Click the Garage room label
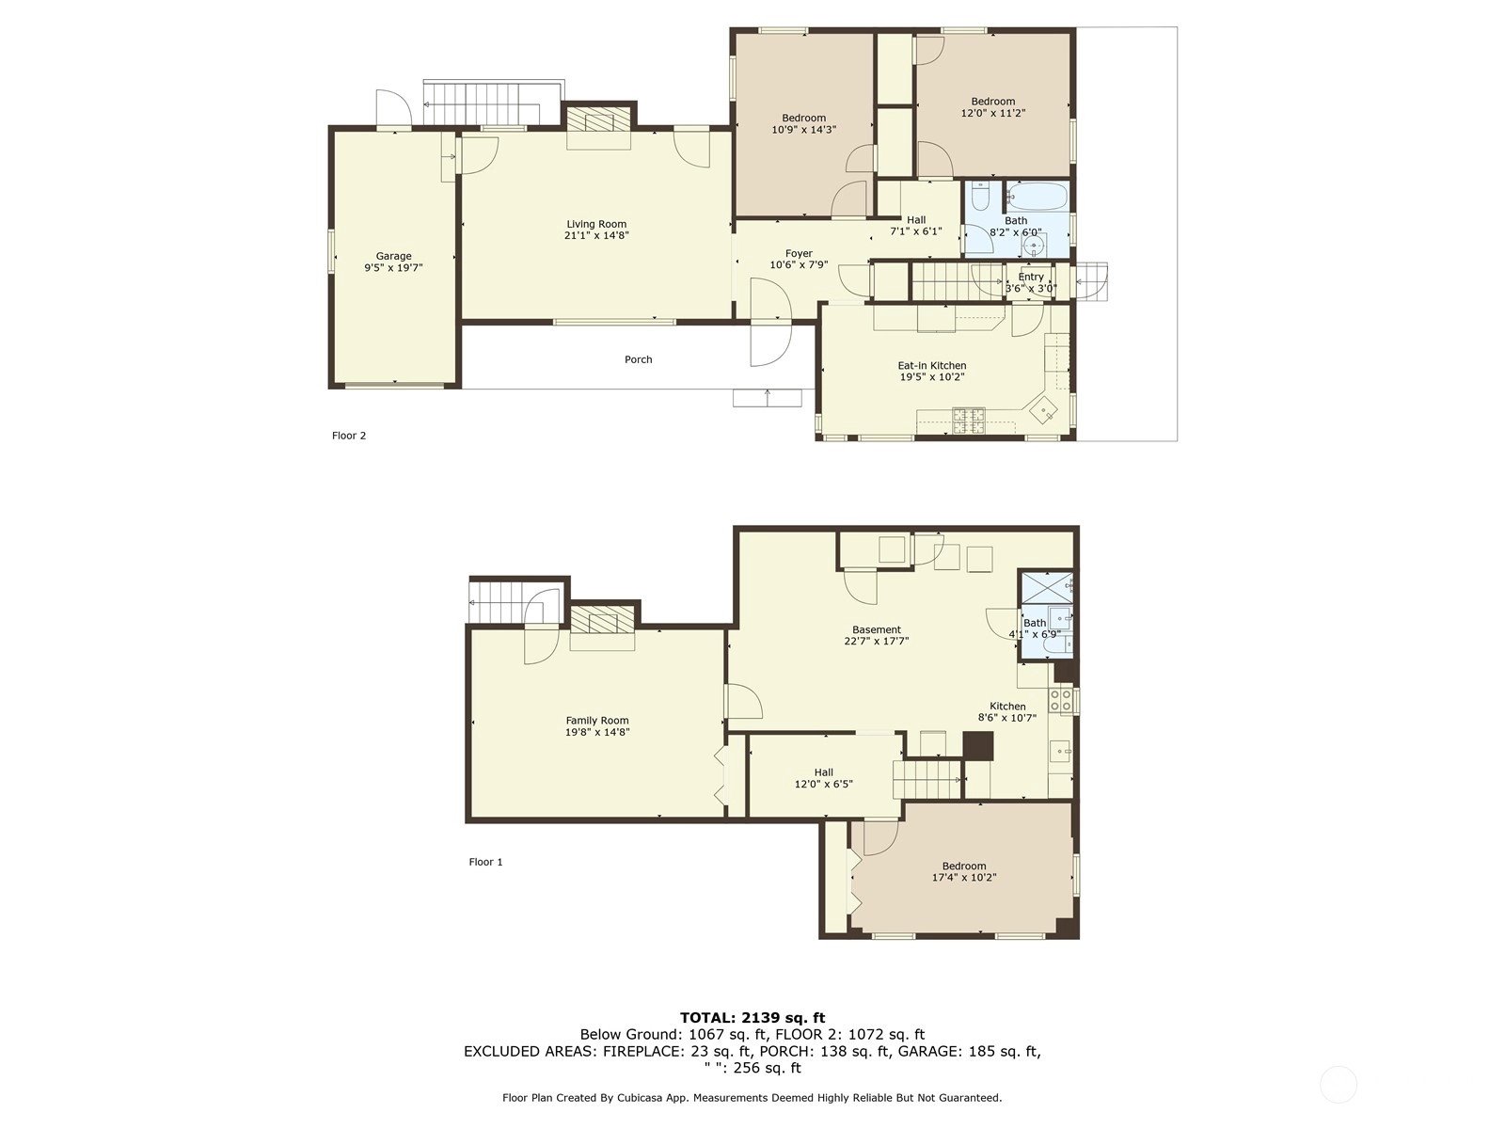pyautogui.click(x=393, y=256)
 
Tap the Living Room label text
pyautogui.click(x=596, y=224)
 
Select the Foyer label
pyautogui.click(x=799, y=254)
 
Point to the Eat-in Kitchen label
pyautogui.click(x=932, y=365)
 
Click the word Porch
pyautogui.click(x=639, y=359)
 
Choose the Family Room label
pyautogui.click(x=597, y=721)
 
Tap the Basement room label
pyautogui.click(x=877, y=629)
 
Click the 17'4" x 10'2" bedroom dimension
pyautogui.click(x=964, y=878)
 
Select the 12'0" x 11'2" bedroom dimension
pyautogui.click(x=992, y=113)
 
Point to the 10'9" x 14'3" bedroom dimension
pyautogui.click(x=803, y=130)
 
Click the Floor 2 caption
pyautogui.click(x=349, y=436)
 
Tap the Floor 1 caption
pyautogui.click(x=485, y=862)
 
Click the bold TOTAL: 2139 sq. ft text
pyautogui.click(x=752, y=1017)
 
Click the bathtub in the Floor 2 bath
pyautogui.click(x=1038, y=196)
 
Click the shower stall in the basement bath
pyautogui.click(x=1047, y=587)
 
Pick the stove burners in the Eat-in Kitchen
pyautogui.click(x=968, y=421)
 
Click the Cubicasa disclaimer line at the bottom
pyautogui.click(x=752, y=1097)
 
